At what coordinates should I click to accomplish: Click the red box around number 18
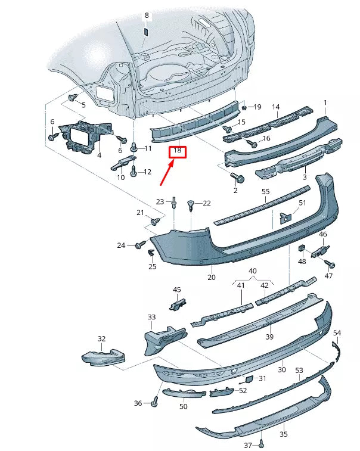[178, 151]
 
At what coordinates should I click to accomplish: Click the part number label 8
[147, 15]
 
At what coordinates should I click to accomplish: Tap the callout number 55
[266, 191]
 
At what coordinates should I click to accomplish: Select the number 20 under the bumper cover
[212, 277]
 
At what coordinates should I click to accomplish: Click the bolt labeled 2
[239, 178]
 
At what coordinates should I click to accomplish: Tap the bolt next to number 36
[154, 403]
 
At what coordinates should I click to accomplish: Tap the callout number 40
[252, 271]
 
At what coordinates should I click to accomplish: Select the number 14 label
[276, 107]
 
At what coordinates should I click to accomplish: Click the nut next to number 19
[244, 107]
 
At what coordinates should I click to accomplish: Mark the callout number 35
[284, 434]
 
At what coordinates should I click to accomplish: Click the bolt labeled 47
[331, 264]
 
